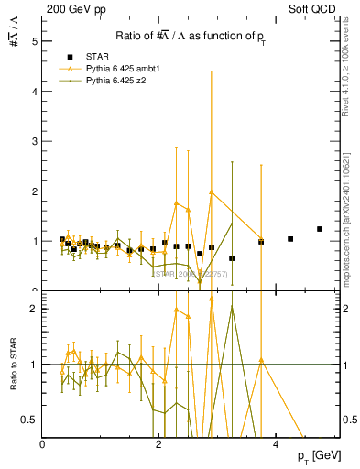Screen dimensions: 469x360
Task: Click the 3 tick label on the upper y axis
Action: pyautogui.click(x=36, y=141)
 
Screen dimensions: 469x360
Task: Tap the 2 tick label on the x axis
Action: pyautogui.click(x=159, y=443)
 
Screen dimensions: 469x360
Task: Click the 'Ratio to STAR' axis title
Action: pyautogui.click(x=12, y=364)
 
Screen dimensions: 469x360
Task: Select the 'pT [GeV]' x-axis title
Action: pyautogui.click(x=325, y=456)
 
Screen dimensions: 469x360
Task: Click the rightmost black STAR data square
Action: pyautogui.click(x=320, y=229)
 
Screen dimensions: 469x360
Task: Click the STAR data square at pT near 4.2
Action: pyautogui.click(x=290, y=239)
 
